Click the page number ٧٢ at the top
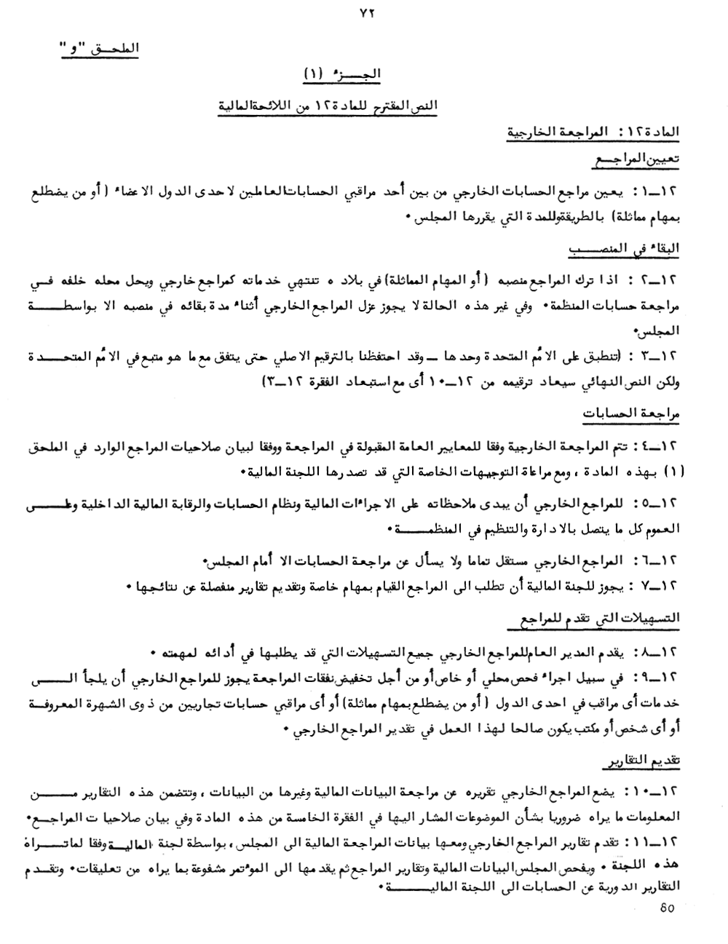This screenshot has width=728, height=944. tap(365, 12)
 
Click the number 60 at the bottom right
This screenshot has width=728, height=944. tap(665, 907)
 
